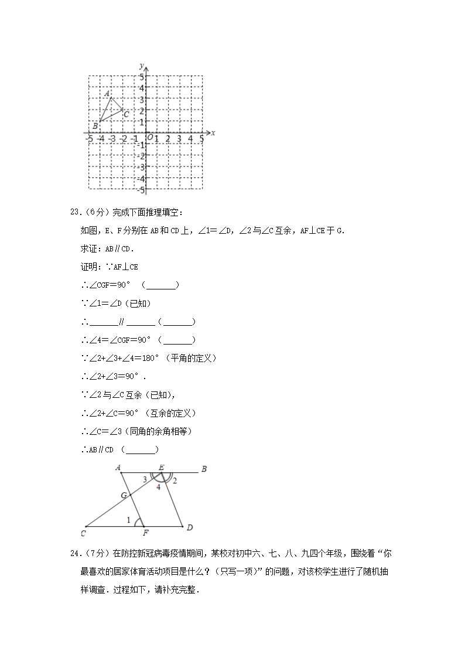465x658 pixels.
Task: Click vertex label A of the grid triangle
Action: pyautogui.click(x=107, y=94)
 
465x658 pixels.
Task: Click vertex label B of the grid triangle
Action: pyautogui.click(x=95, y=126)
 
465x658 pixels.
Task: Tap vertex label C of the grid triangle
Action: pyautogui.click(x=126, y=114)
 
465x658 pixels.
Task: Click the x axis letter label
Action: pyautogui.click(x=213, y=133)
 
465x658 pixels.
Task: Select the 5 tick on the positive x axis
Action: pyautogui.click(x=201, y=138)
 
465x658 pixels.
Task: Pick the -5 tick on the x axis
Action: pyautogui.click(x=88, y=138)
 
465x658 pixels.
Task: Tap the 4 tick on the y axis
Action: pyautogui.click(x=141, y=88)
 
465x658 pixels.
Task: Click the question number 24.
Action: pyautogui.click(x=74, y=553)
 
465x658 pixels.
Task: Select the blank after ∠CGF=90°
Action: pyautogui.click(x=160, y=285)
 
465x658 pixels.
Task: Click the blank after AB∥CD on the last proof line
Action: pyautogui.click(x=141, y=450)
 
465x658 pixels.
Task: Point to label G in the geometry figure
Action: pyautogui.click(x=124, y=496)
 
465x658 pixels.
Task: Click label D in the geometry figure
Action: pyautogui.click(x=190, y=528)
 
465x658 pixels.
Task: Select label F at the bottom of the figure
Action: pyautogui.click(x=146, y=533)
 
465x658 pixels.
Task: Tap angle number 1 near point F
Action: pyautogui.click(x=129, y=520)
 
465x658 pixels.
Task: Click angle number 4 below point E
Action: pyautogui.click(x=158, y=487)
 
